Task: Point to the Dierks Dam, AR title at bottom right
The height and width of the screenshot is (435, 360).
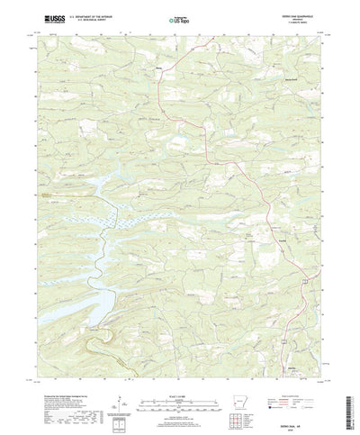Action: click(x=298, y=417)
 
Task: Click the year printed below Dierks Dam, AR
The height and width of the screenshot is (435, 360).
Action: click(x=298, y=422)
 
